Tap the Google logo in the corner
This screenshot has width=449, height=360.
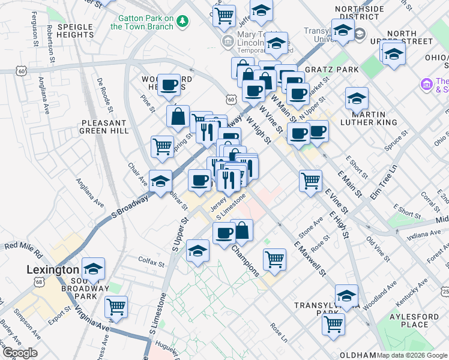pos(19,353)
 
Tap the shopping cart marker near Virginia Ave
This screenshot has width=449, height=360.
pos(116,307)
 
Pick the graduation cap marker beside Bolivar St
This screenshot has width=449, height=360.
pos(161,180)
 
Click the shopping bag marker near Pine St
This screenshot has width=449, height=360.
pos(179,116)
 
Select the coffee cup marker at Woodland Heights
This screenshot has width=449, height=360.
pos(170,85)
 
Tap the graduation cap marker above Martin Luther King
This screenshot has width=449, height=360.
pos(357,97)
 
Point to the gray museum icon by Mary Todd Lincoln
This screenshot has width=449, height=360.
pos(228,41)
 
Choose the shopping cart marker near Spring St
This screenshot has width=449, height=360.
pos(162,146)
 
